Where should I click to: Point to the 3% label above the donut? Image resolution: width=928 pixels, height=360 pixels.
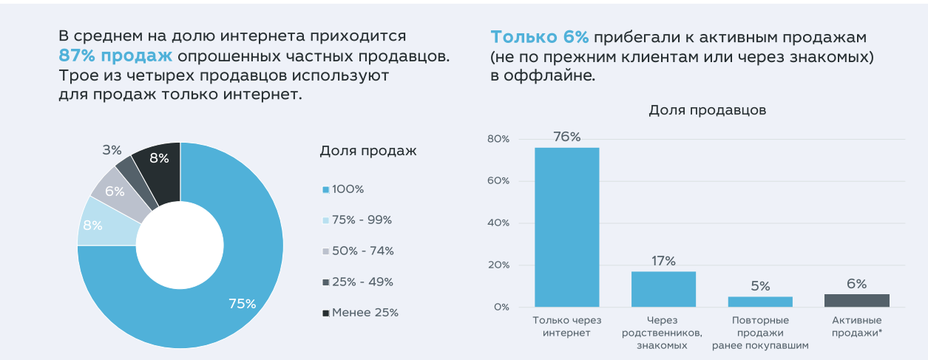112,150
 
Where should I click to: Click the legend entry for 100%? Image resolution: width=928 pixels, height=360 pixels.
348,189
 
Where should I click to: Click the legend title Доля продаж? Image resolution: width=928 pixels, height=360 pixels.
368,152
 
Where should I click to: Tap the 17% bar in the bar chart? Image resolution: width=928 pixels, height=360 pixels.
663,289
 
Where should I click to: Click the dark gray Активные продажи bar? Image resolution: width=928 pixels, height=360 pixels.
856,300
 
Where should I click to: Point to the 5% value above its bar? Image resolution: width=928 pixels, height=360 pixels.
760,286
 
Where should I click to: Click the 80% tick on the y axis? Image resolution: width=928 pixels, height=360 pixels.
498,139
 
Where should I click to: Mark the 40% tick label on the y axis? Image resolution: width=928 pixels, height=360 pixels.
498,223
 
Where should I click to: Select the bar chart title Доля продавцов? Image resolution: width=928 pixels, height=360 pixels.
707,110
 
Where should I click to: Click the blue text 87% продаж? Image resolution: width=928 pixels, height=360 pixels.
116,56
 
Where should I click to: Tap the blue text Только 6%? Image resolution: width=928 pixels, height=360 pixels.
539,38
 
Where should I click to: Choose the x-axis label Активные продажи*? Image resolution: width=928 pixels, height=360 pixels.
856,327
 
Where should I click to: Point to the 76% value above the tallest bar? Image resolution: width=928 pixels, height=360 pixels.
567,137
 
